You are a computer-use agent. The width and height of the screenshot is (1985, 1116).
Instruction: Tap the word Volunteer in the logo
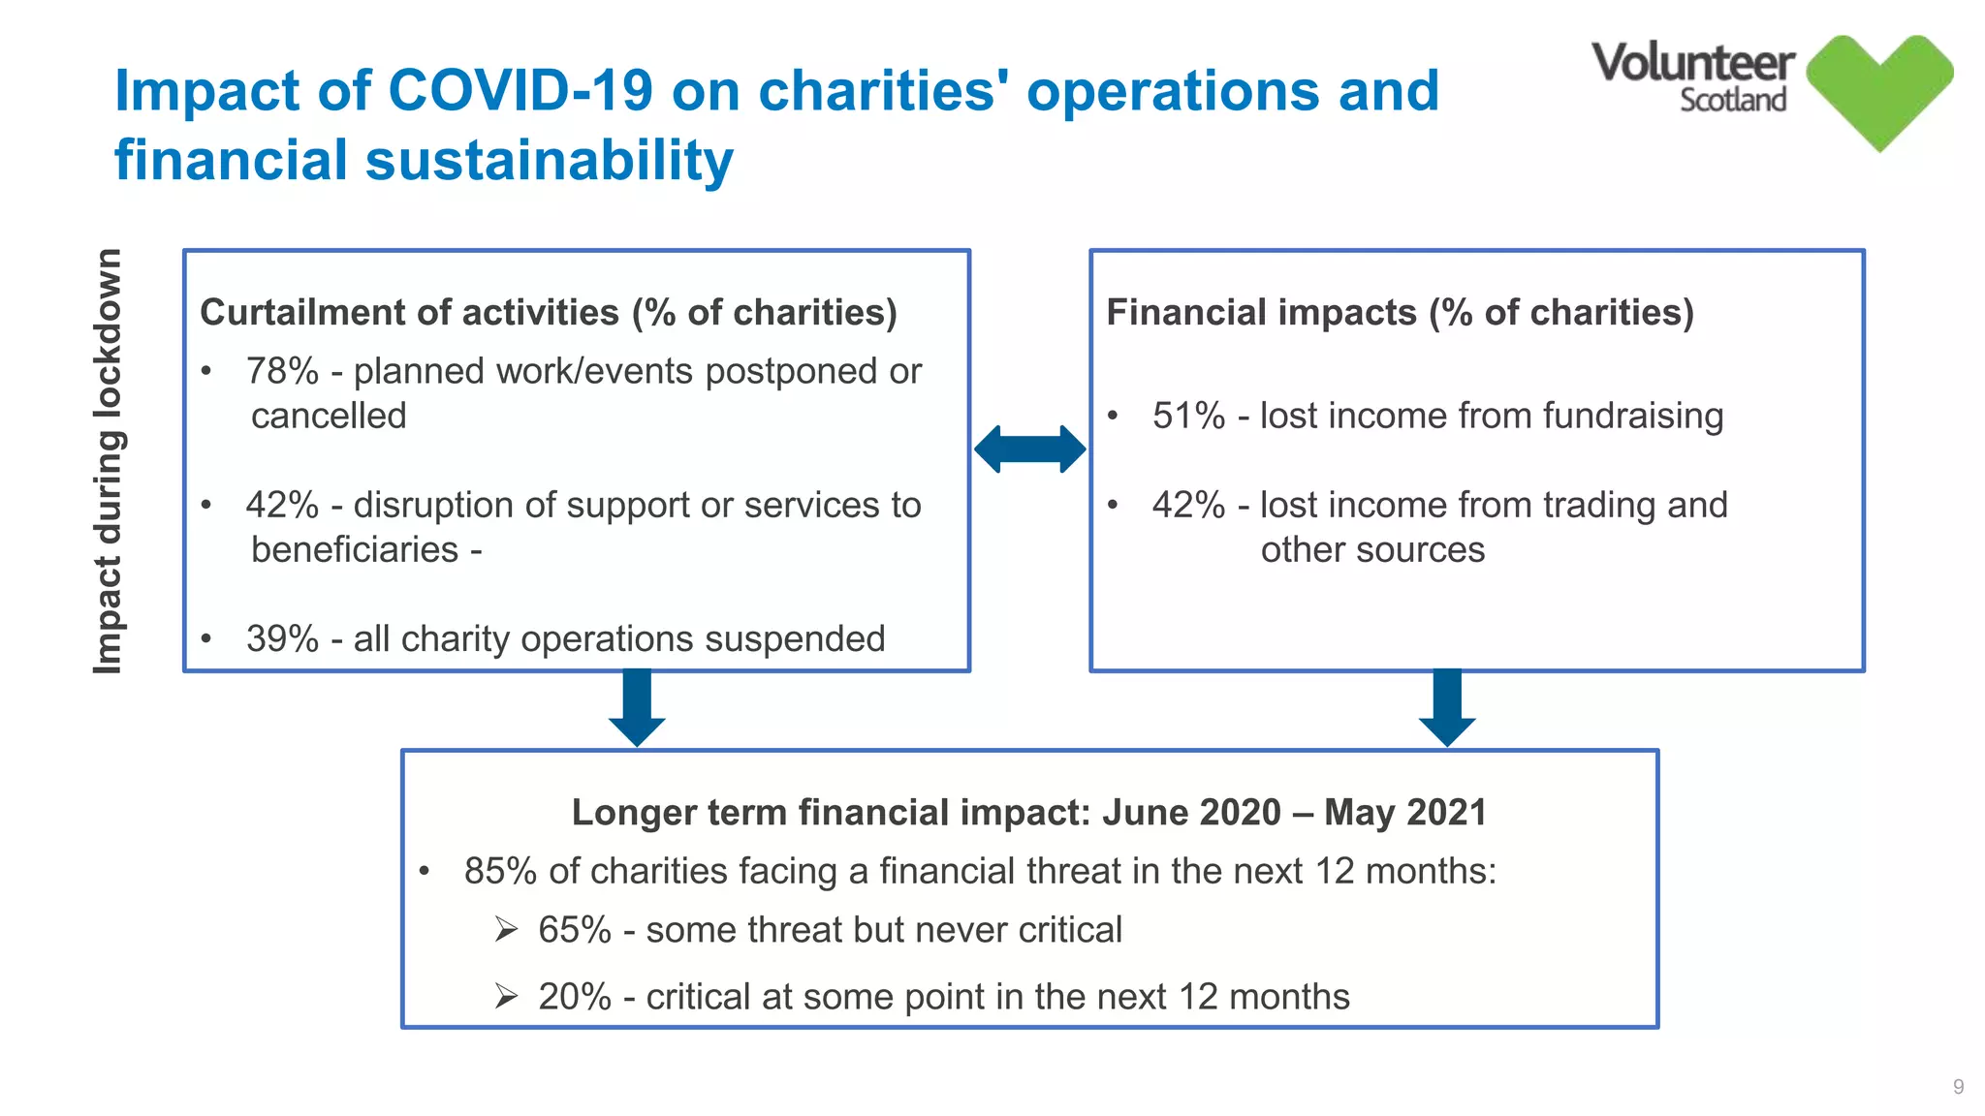[x=1692, y=63]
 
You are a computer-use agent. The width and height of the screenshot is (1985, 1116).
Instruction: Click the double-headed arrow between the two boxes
[x=1029, y=449]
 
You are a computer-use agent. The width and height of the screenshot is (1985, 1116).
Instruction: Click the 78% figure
[x=282, y=371]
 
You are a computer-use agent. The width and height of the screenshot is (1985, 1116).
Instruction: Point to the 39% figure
[x=282, y=638]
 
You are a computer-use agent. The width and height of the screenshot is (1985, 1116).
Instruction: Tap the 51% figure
[x=1188, y=416]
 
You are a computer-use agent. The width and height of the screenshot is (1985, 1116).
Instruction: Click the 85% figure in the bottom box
[x=500, y=871]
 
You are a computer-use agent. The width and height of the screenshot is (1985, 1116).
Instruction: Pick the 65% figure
[x=574, y=930]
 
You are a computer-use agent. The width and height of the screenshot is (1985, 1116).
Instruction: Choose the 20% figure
[x=574, y=997]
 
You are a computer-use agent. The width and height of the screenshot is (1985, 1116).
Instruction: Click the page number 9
[x=1958, y=1087]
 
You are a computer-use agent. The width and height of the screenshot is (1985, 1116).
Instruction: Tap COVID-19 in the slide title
[x=520, y=91]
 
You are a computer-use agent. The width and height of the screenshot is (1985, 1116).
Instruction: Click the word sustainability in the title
[x=549, y=160]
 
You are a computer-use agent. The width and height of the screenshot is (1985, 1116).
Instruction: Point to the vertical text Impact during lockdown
[x=108, y=461]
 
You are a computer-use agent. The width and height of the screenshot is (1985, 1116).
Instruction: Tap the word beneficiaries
[x=355, y=550]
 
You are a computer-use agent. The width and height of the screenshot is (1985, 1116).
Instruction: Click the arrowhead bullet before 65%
[x=506, y=930]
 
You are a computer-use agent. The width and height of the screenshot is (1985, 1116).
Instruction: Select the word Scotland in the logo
[x=1732, y=100]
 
